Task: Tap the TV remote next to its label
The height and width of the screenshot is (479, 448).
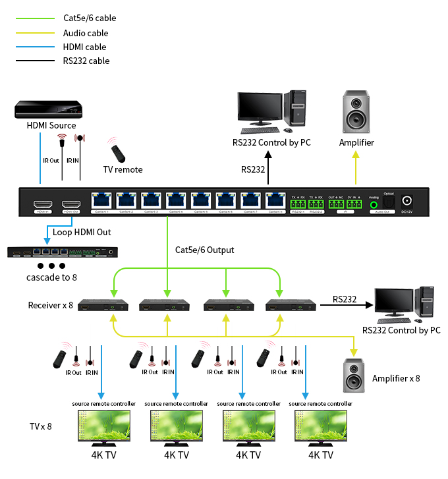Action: coord(118,153)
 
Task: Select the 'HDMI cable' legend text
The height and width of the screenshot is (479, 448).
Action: coord(84,47)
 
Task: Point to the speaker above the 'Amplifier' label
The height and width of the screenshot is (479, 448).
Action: coord(356,113)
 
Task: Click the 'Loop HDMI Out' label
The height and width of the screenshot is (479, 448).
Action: coord(82,232)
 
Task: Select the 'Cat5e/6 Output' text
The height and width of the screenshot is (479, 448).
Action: coord(205,250)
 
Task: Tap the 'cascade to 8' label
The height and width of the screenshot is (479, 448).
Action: coord(51,277)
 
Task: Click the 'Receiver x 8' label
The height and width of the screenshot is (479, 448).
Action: coord(49,305)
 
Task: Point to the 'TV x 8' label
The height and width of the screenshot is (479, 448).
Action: coord(40,426)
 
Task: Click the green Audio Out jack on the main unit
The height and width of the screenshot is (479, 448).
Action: coord(374,204)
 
